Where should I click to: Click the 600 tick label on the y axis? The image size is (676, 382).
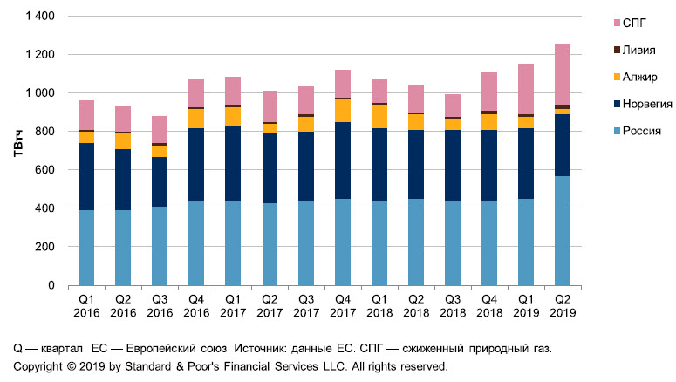click(45, 170)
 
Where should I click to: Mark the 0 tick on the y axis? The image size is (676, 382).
click(51, 285)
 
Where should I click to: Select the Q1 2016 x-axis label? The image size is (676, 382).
click(85, 304)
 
